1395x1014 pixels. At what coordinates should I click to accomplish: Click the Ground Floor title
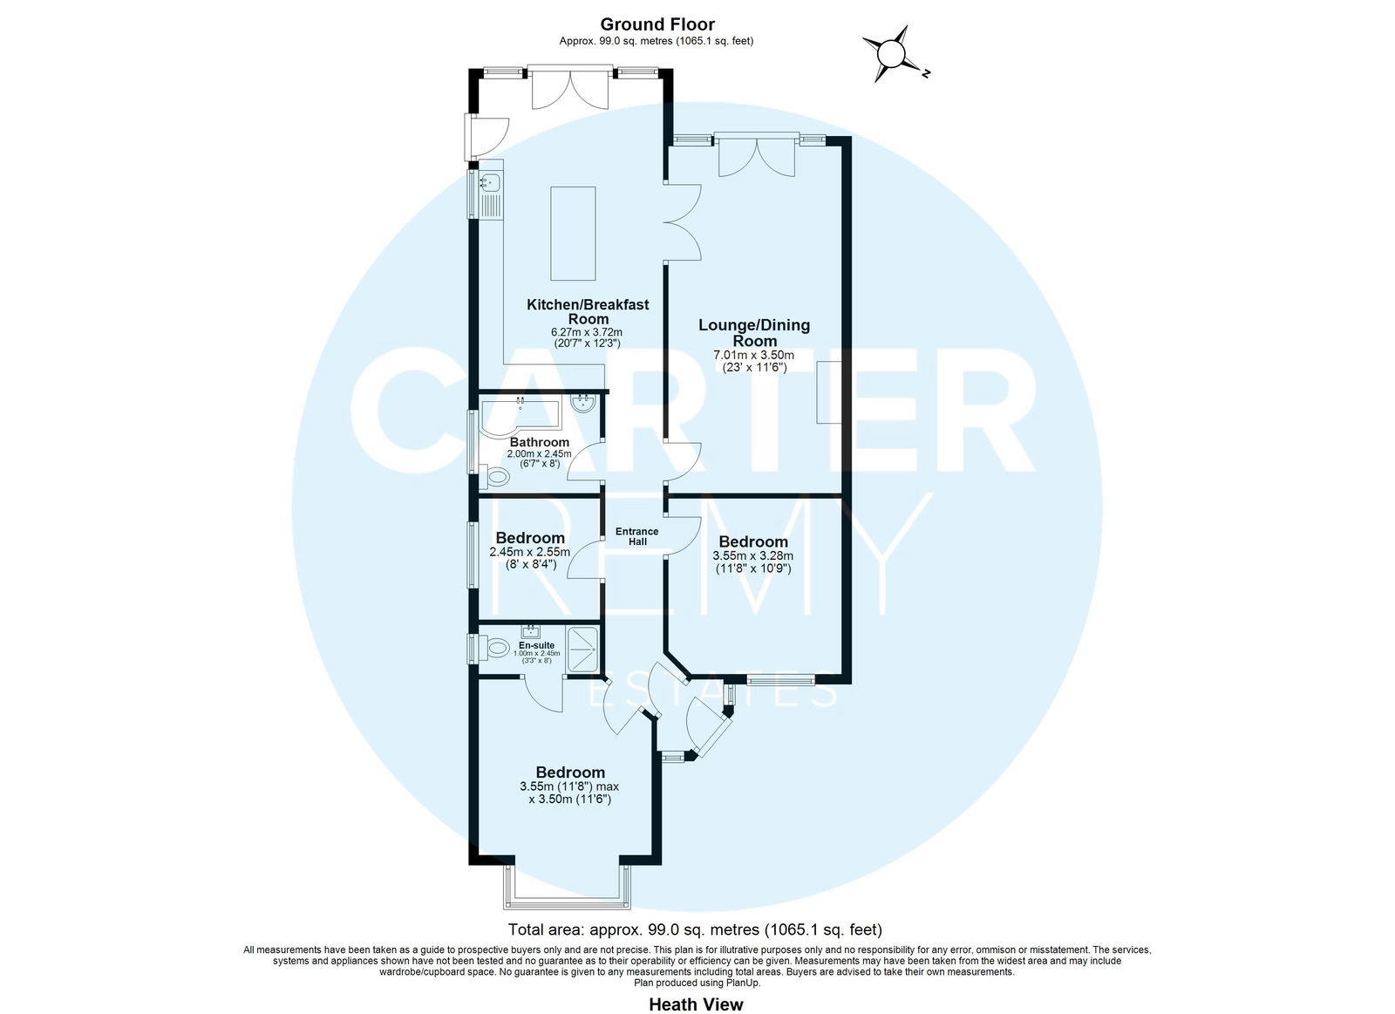(657, 24)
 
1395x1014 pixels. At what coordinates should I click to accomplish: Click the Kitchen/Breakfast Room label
(588, 312)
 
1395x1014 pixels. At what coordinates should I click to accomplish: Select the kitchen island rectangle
(573, 234)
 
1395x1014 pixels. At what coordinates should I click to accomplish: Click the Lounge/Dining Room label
(754, 332)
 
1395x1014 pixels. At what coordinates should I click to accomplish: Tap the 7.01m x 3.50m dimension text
(753, 355)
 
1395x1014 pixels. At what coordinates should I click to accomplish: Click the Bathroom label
(540, 442)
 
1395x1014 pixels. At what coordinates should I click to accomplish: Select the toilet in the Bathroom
(495, 478)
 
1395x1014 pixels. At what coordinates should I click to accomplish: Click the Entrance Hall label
(636, 536)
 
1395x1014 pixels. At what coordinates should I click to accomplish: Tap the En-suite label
(536, 645)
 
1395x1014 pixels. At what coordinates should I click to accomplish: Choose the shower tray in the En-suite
(582, 650)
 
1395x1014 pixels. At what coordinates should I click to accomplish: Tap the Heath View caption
(696, 1004)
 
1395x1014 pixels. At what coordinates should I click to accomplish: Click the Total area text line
(695, 930)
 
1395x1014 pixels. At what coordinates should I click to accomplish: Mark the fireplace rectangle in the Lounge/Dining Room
(829, 392)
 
